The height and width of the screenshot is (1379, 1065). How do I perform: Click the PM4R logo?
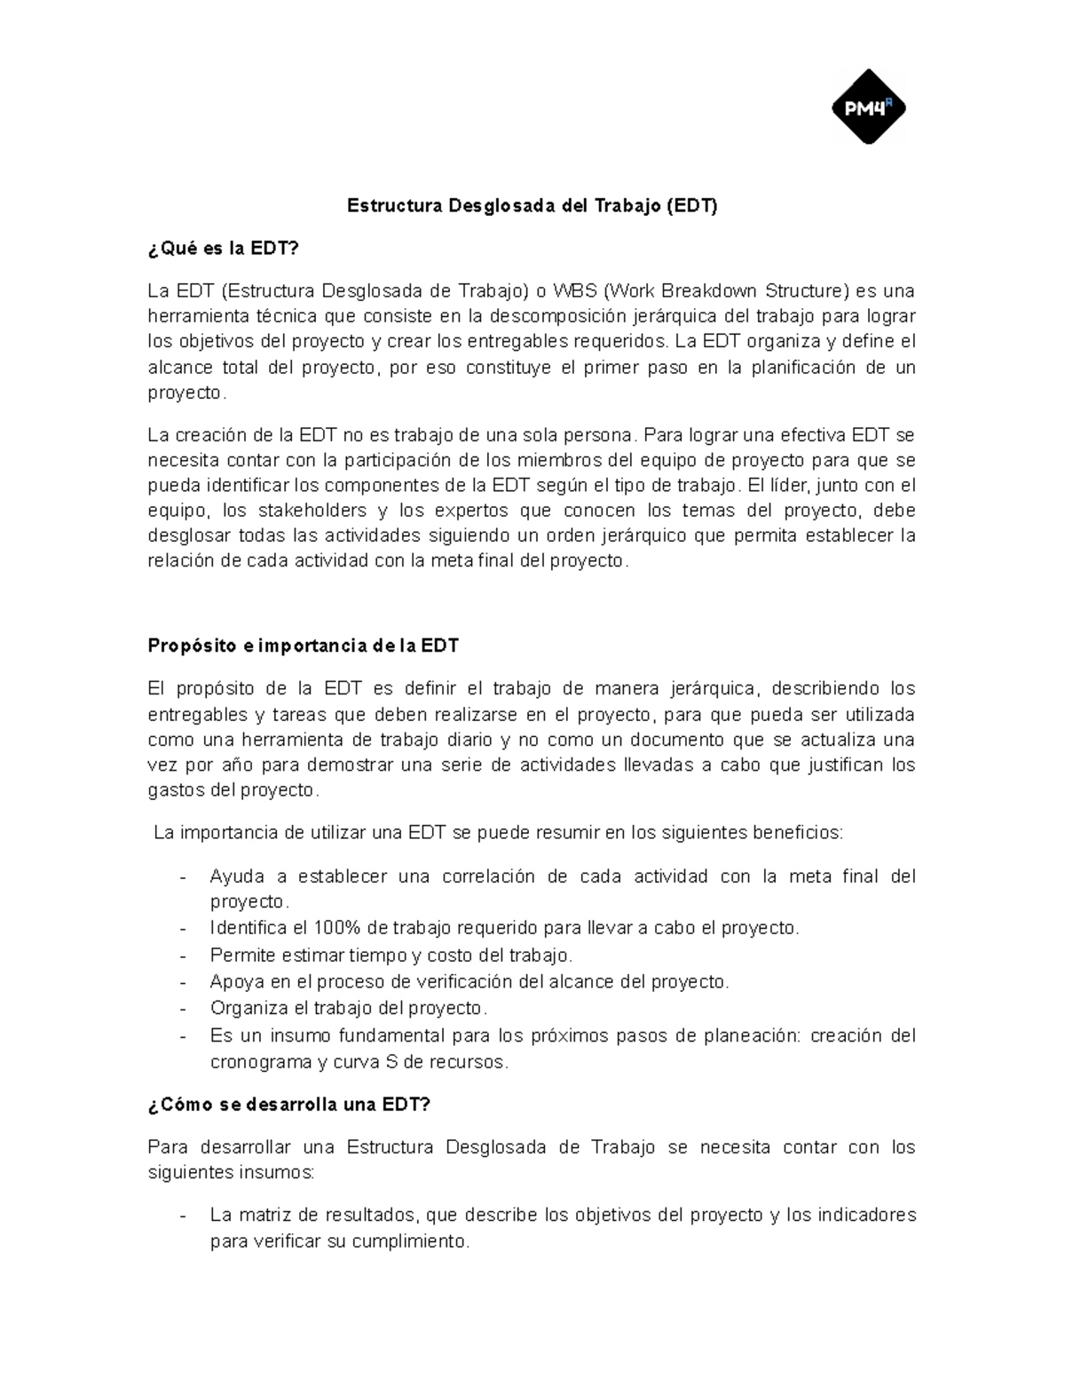[868, 107]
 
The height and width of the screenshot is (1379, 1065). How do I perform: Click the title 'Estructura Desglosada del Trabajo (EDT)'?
[532, 206]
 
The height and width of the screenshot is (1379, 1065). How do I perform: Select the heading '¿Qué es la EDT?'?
[224, 249]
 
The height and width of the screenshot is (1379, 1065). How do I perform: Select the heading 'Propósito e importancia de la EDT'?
[303, 646]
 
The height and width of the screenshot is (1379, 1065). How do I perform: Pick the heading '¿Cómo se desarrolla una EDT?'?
[288, 1105]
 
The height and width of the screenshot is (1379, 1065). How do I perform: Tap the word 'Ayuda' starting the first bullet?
[236, 876]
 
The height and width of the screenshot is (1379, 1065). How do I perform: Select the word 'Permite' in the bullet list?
[242, 955]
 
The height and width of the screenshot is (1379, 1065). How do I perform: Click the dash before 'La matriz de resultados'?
[183, 1216]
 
